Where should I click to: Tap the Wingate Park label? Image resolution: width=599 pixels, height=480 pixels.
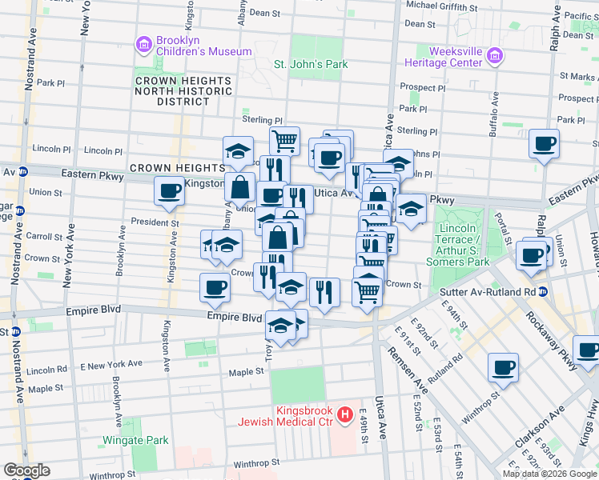(135, 440)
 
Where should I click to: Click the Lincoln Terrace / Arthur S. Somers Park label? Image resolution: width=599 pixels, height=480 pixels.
(463, 246)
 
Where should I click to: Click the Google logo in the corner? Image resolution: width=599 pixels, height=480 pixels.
(26, 470)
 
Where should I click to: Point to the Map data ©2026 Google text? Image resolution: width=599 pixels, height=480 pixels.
(549, 474)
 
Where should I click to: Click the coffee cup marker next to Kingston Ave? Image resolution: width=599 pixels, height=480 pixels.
(170, 191)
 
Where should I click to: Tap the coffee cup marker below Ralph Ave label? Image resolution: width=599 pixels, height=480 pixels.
(544, 144)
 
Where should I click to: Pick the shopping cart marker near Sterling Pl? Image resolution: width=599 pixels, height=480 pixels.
(284, 141)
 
